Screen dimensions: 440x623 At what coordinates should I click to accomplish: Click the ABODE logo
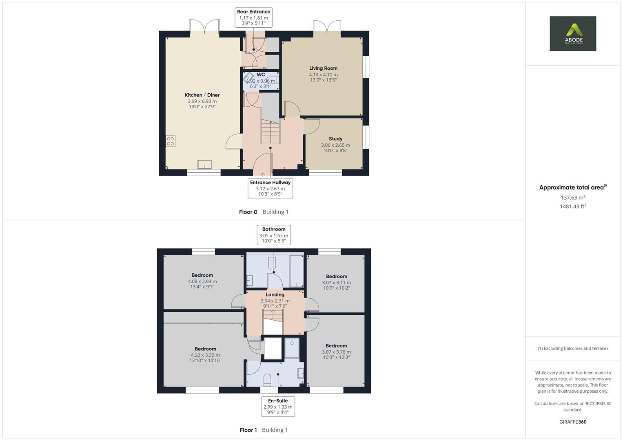573,33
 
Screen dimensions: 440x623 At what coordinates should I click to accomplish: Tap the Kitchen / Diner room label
202,95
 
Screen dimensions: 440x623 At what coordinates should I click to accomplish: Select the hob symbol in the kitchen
171,141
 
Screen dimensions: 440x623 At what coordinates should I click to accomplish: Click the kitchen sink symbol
205,164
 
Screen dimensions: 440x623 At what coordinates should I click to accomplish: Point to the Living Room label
323,68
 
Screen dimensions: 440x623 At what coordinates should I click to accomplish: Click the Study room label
335,139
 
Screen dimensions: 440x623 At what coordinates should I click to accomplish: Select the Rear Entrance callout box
253,18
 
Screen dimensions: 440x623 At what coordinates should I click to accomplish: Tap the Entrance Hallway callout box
270,188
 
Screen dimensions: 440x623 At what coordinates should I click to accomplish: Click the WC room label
261,75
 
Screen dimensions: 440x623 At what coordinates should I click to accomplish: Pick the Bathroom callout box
274,235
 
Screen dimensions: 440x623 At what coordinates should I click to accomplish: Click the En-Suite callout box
278,406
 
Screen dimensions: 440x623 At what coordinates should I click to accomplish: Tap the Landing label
275,295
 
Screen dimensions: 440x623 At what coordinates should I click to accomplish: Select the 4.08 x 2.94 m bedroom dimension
202,281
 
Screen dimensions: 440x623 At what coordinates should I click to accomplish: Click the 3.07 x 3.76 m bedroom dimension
336,352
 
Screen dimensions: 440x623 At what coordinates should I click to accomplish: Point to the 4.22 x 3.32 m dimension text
205,355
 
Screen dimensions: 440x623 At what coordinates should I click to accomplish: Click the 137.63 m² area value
573,198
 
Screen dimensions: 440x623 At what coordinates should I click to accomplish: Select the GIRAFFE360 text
573,422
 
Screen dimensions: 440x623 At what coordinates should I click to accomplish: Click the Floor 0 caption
248,212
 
